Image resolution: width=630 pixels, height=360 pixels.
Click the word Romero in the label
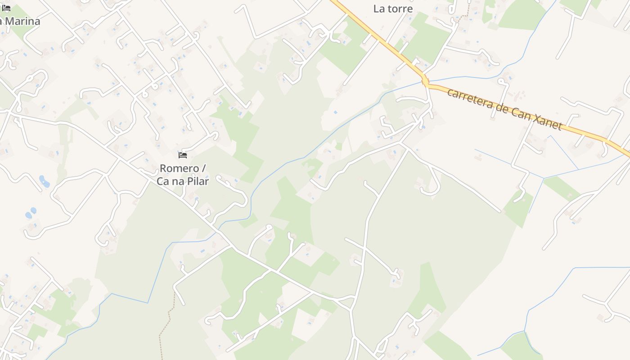pyautogui.click(x=180, y=168)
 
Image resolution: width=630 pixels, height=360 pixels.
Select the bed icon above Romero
pyautogui.click(x=183, y=155)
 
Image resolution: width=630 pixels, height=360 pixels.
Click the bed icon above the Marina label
pyautogui.click(x=6, y=8)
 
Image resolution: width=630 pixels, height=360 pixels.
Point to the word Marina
pyautogui.click(x=23, y=21)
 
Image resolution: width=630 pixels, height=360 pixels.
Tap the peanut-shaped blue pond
pyautogui.click(x=44, y=181)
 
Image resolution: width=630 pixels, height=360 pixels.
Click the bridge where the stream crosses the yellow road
pyautogui.click(x=425, y=82)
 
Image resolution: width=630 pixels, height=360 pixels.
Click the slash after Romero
pyautogui.click(x=203, y=168)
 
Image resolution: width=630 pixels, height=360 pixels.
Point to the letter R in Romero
pyautogui.click(x=163, y=168)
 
